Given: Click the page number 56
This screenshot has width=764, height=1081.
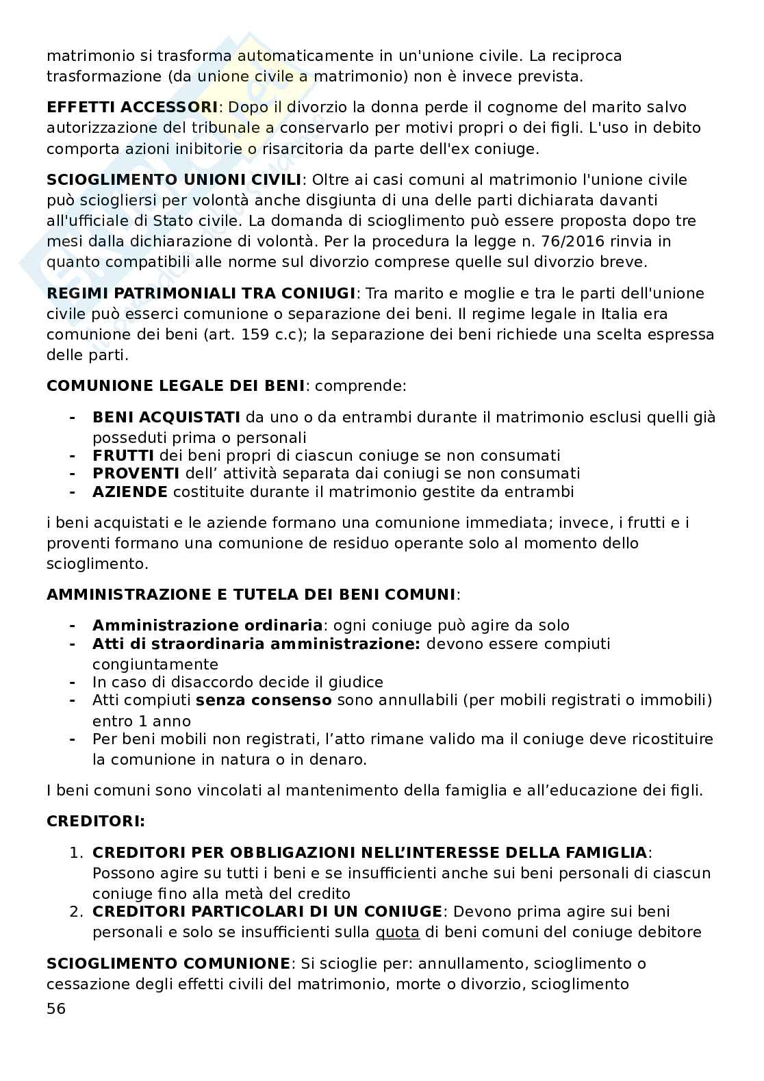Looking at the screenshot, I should click(x=56, y=1008).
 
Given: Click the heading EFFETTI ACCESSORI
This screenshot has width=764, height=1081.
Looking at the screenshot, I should click(x=131, y=107).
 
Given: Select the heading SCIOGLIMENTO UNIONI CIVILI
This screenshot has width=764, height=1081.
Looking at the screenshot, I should click(x=174, y=180).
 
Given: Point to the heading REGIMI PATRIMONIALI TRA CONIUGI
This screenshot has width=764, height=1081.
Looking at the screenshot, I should click(x=201, y=294).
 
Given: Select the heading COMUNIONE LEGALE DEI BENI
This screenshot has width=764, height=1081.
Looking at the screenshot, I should click(x=175, y=386).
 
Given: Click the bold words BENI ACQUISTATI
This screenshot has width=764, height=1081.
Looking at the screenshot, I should click(x=166, y=418).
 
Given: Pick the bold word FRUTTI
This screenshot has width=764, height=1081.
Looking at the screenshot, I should click(x=123, y=456).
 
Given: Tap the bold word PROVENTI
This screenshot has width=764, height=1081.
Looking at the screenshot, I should click(x=136, y=474).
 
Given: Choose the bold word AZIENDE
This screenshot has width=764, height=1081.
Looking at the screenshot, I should click(x=129, y=492).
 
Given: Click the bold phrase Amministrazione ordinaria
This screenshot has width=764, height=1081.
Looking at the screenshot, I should click(x=207, y=626).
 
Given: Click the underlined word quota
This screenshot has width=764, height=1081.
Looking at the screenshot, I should click(x=397, y=932).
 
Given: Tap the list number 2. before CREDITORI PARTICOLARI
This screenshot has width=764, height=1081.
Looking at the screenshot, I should click(x=76, y=912).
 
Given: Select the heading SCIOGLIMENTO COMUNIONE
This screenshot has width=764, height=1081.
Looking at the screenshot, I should click(x=168, y=964).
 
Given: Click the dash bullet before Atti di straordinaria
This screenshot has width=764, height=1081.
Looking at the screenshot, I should click(x=72, y=644).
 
